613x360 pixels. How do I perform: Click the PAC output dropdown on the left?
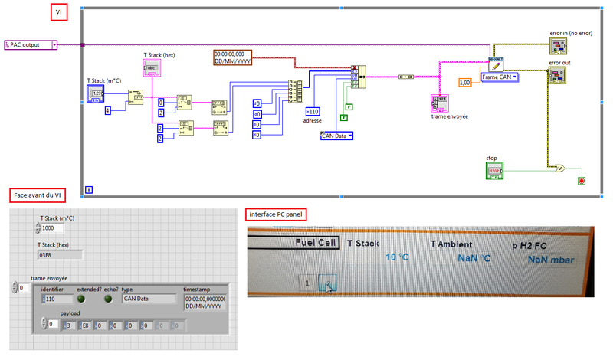(x=31, y=45)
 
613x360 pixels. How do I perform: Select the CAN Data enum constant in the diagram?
(x=336, y=136)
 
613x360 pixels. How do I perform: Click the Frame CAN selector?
(x=500, y=77)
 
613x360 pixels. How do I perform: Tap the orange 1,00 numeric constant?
(x=465, y=82)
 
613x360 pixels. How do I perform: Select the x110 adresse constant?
(x=313, y=112)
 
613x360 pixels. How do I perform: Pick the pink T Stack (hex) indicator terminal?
(x=150, y=69)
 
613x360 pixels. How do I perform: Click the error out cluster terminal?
(x=557, y=75)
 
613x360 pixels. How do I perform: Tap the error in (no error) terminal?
(x=559, y=47)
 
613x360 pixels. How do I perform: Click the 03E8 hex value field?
(x=61, y=254)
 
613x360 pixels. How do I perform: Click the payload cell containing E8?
(x=84, y=324)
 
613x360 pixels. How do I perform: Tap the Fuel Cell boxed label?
(x=316, y=242)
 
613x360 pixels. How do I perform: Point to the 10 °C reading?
(x=397, y=257)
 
